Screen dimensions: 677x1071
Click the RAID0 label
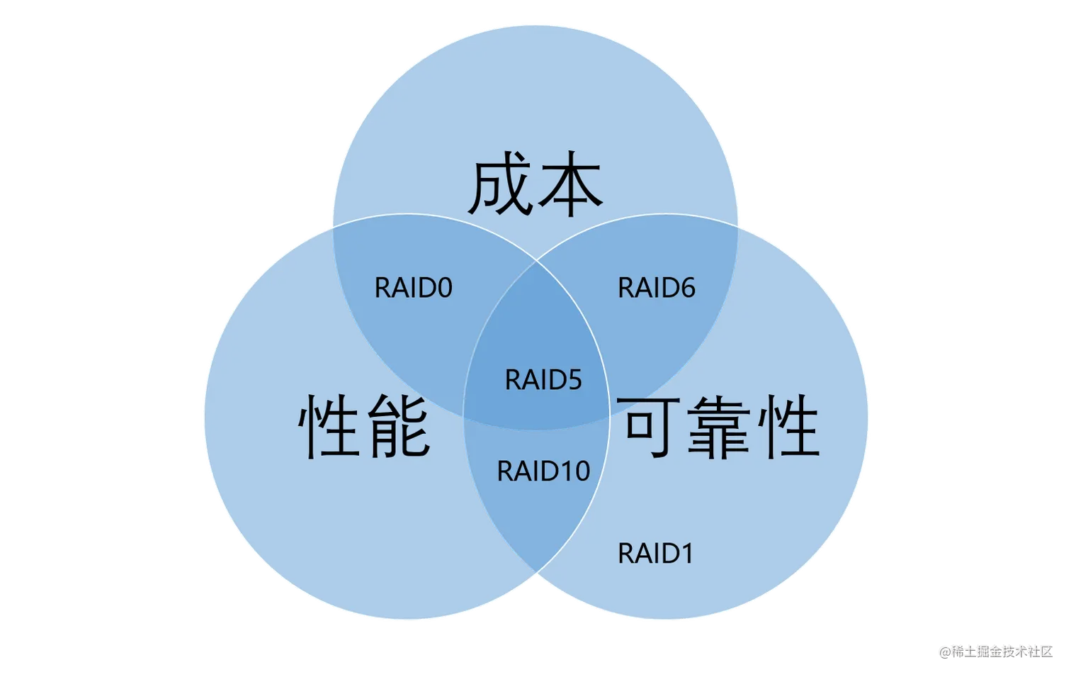click(x=413, y=288)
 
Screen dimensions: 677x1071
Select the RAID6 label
click(x=657, y=288)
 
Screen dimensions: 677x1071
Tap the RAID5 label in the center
click(x=543, y=380)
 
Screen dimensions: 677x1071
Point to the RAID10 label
click(x=543, y=471)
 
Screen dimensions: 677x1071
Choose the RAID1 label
click(x=655, y=554)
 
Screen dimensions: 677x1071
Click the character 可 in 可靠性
click(x=649, y=426)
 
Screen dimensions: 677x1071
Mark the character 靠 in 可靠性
click(x=718, y=426)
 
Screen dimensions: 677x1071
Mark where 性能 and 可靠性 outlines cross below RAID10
click(x=536, y=573)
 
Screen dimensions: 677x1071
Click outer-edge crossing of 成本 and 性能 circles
click(x=331, y=228)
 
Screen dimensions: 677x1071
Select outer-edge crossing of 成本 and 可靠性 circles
click(x=738, y=228)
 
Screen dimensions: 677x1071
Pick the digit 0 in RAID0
click(x=444, y=288)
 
